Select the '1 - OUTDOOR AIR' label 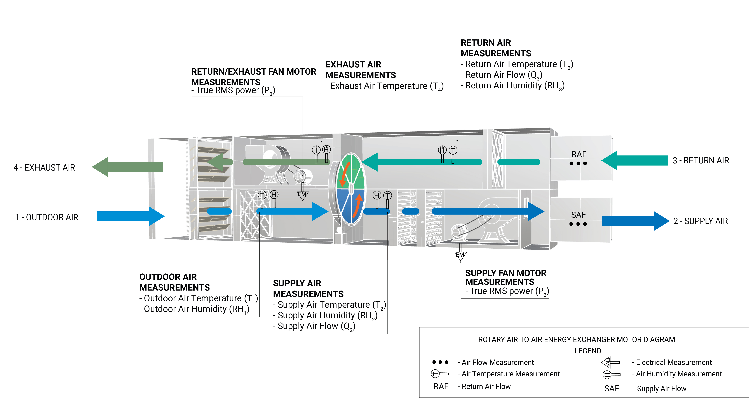click(47, 217)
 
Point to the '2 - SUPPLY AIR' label click(700, 221)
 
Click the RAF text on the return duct click(579, 154)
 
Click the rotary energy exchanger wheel click(351, 189)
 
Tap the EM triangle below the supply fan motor click(460, 255)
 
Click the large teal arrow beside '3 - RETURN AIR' click(634, 160)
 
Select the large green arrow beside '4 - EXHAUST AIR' click(128, 167)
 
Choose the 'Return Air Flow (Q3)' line click(501, 75)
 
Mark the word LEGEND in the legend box click(587, 351)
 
